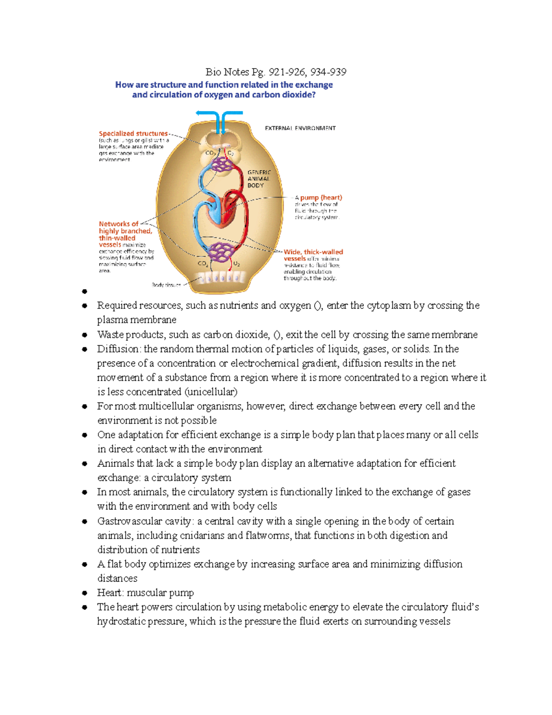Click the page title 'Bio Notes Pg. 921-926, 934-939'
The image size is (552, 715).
coord(276,72)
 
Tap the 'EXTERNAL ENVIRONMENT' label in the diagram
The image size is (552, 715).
coord(300,128)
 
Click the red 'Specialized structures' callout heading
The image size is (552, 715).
coord(133,134)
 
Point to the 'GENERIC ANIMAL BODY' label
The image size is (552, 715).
coord(259,179)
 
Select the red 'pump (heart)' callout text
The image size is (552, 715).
coord(321,198)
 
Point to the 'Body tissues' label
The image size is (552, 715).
coord(166,285)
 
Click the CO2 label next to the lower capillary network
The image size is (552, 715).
coord(203,264)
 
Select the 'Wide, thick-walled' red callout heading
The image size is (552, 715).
coord(313,252)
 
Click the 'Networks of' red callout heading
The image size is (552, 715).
coord(118,224)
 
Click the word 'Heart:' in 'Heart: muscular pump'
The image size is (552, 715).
coord(110,593)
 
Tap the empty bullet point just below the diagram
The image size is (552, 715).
coord(85,291)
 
